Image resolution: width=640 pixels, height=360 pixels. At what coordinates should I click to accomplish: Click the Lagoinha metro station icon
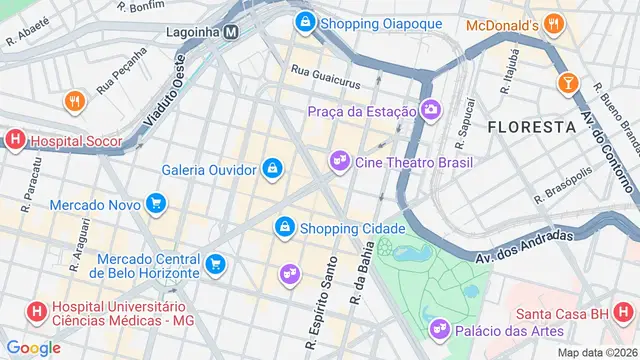[231, 31]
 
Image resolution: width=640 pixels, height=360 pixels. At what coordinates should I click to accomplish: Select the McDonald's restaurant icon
[556, 24]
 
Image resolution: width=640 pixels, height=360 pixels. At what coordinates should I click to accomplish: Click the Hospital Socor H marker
[14, 141]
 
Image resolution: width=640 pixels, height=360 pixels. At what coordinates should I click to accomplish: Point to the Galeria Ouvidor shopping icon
[271, 169]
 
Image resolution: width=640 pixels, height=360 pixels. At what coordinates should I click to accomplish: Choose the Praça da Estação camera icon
[431, 109]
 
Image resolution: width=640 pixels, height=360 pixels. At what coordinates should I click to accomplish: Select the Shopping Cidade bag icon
[285, 229]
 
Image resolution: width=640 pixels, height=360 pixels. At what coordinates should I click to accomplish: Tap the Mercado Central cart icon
[215, 265]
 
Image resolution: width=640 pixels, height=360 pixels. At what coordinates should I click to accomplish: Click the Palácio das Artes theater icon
[438, 330]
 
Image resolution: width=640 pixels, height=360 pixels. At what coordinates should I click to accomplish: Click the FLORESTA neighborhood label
[531, 127]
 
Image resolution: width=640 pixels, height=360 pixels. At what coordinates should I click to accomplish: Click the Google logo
[33, 347]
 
